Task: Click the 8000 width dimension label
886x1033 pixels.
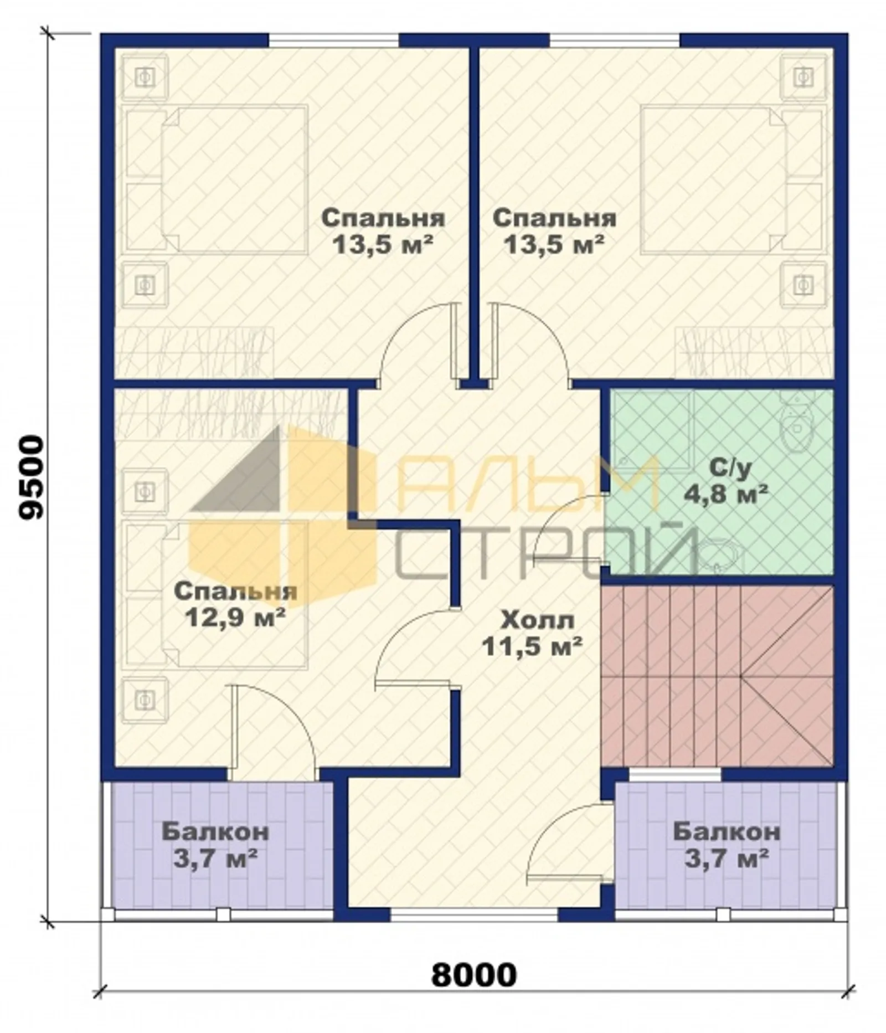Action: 473,975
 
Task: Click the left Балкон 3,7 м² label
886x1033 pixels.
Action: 215,845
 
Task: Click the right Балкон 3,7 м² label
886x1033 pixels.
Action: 727,845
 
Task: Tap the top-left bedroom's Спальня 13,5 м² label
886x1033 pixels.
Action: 383,230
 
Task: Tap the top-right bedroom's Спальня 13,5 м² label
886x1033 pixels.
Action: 554,230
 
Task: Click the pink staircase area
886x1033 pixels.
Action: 718,676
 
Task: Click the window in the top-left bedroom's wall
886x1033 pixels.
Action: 333,40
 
